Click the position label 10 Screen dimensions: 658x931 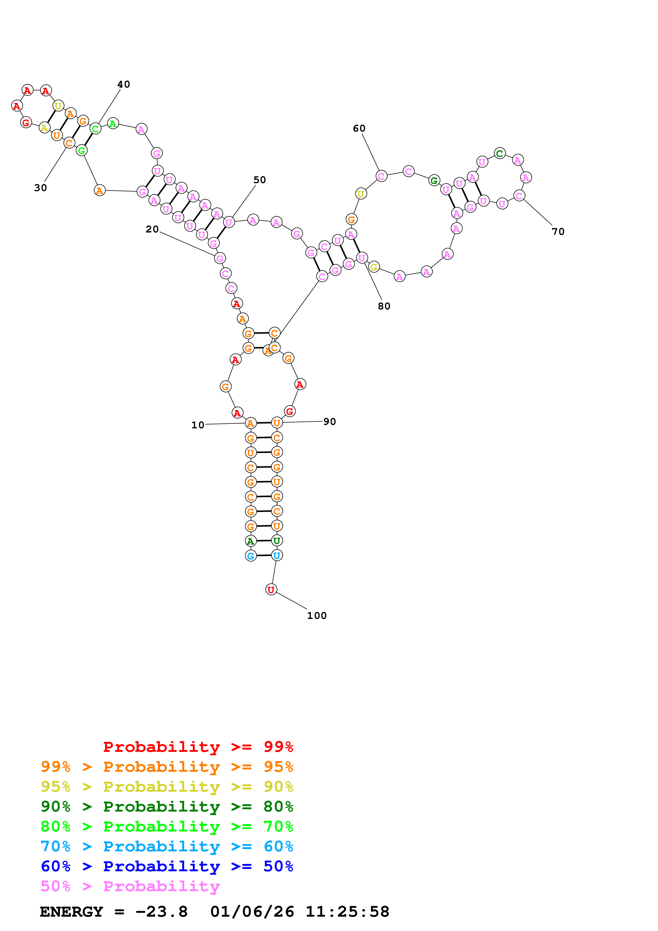[x=197, y=425]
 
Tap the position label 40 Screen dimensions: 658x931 [x=124, y=84]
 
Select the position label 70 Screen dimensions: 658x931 [x=558, y=231]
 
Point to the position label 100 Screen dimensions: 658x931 [x=317, y=615]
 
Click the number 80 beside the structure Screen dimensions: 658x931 [x=384, y=306]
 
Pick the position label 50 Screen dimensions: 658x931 [x=260, y=180]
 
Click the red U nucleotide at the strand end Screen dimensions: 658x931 [x=271, y=590]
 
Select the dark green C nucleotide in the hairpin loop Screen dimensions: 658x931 [x=500, y=153]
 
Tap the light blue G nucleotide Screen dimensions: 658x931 [x=251, y=556]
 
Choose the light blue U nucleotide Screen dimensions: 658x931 [x=277, y=555]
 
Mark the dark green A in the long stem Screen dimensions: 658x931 [x=251, y=541]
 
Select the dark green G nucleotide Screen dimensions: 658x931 [x=434, y=180]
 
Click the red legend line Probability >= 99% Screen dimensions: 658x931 [x=198, y=747]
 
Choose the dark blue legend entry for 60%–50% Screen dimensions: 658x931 [x=167, y=866]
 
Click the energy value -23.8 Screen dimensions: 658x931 [x=161, y=912]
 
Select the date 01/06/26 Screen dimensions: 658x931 [x=252, y=912]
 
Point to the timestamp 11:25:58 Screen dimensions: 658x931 [x=347, y=912]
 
